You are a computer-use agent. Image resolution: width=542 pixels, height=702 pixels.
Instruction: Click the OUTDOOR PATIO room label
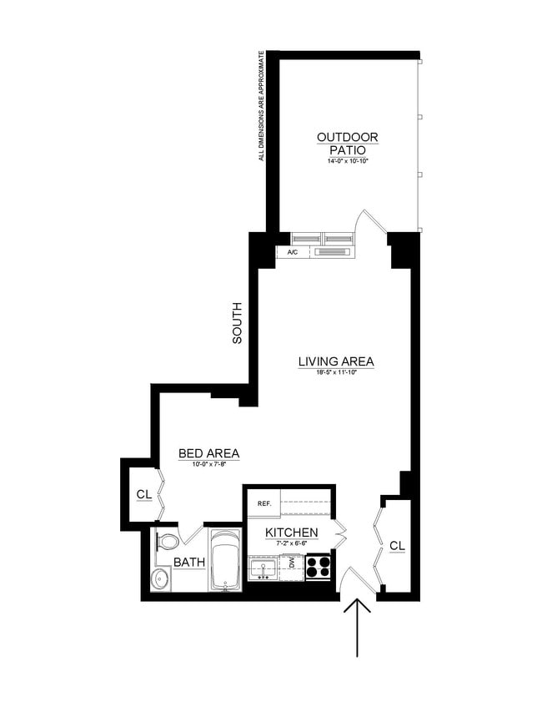pos(347,143)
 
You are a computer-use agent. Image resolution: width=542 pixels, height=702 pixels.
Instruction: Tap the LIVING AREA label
pos(336,361)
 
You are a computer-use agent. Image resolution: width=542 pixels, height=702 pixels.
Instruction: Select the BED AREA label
pos(208,454)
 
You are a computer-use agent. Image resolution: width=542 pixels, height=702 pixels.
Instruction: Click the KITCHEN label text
pos(291,533)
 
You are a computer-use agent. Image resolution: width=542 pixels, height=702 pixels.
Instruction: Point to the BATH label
pos(189,563)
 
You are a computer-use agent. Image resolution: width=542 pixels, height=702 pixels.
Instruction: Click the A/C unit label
pos(293,251)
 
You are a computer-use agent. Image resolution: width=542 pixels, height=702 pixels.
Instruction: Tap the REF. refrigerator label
pos(265,503)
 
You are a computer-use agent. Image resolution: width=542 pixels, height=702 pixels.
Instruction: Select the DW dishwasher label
pos(292,564)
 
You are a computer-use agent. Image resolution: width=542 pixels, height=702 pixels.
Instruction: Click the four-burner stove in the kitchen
pos(318,567)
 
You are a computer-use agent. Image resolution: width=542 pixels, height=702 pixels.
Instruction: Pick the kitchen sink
pos(264,569)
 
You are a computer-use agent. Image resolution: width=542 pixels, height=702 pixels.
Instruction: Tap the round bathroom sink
pos(161,578)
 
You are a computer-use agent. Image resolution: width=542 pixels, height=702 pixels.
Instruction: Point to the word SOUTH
pos(237,323)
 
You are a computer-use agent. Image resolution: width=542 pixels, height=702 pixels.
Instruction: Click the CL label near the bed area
pos(143,495)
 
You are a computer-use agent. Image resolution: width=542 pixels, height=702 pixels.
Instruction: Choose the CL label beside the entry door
pos(397,546)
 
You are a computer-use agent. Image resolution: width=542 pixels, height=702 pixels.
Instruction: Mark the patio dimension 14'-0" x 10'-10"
pos(347,161)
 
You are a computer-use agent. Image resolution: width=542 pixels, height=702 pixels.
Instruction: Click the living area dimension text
pos(336,372)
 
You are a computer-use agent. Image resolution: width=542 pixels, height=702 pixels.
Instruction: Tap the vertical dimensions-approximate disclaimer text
pos(261,106)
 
